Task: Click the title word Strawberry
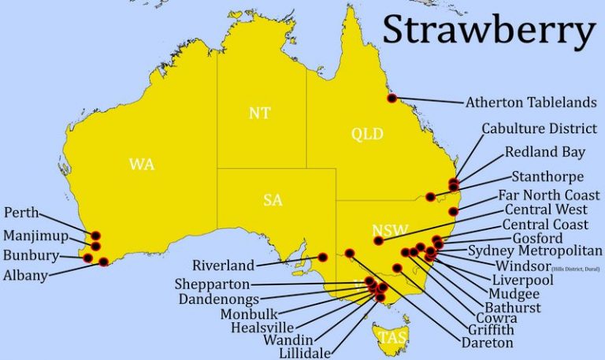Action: tap(488, 31)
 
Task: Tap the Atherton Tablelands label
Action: tap(531, 102)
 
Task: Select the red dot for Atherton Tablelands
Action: tap(392, 98)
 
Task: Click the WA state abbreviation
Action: tap(142, 165)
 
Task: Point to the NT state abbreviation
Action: tap(260, 113)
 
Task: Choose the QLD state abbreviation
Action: tap(367, 134)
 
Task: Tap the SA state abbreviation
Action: tap(273, 200)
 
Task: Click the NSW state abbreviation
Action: tap(391, 231)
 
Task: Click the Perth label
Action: tap(21, 213)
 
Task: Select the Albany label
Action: tap(25, 275)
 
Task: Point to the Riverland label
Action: tap(224, 265)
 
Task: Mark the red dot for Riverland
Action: tap(322, 256)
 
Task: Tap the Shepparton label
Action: tap(214, 284)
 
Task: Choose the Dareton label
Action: tap(488, 343)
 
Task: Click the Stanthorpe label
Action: tap(547, 176)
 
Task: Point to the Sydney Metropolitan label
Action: tap(536, 251)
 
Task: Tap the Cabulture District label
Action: tap(540, 128)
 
